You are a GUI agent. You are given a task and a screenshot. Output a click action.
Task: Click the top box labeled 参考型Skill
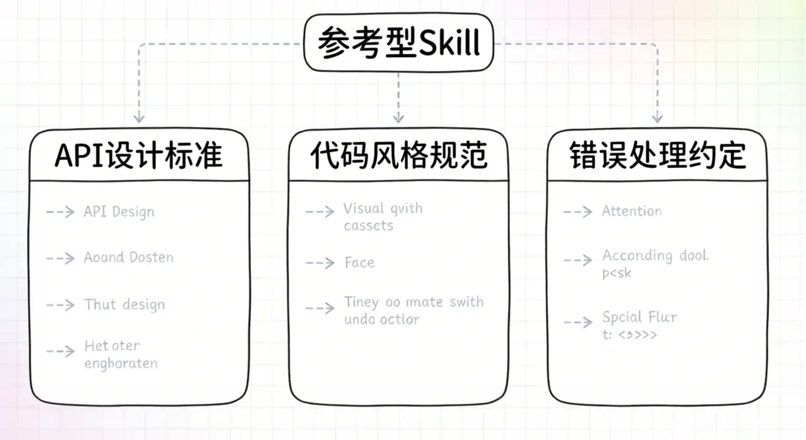click(399, 42)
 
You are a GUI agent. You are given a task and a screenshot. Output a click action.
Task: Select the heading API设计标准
click(138, 156)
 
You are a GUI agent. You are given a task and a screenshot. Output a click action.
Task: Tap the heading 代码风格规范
click(399, 156)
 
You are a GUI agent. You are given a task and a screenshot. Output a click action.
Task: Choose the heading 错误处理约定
click(657, 156)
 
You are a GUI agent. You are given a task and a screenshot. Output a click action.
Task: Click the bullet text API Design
click(119, 212)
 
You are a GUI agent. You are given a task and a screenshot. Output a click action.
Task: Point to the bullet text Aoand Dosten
click(129, 257)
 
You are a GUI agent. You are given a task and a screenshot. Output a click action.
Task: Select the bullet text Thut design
click(124, 305)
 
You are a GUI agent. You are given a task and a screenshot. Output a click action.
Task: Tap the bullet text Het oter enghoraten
click(121, 354)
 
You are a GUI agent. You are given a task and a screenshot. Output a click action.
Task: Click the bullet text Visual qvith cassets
click(383, 217)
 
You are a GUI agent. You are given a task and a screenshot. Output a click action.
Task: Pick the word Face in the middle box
click(359, 262)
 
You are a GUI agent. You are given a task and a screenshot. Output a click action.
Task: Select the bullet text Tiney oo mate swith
click(414, 303)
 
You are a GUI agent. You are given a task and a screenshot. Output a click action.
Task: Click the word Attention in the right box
click(632, 211)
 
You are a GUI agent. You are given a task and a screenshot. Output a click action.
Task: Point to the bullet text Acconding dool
click(655, 256)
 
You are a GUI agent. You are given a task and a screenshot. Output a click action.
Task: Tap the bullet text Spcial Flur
click(640, 317)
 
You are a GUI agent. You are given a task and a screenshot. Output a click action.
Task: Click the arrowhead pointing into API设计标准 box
click(139, 118)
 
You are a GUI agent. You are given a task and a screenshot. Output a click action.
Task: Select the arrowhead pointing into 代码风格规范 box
click(398, 118)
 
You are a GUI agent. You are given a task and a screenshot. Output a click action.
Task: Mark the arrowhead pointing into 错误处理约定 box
click(657, 118)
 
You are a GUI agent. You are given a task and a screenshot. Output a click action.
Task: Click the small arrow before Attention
click(578, 212)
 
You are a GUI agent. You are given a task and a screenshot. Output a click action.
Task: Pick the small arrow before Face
click(320, 262)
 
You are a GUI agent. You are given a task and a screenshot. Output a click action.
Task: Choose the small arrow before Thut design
click(60, 305)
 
